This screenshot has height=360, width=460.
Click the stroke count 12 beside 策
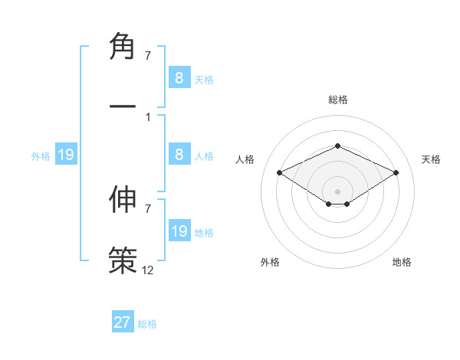(x=148, y=270)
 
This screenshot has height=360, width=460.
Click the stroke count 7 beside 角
(x=147, y=55)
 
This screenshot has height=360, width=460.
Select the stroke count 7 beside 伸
(x=147, y=208)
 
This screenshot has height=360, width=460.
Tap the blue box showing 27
(x=123, y=322)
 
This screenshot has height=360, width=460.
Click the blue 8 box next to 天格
(x=179, y=77)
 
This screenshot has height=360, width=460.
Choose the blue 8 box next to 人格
(x=179, y=155)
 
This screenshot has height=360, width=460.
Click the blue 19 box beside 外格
(x=66, y=155)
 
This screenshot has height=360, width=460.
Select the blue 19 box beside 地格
(x=179, y=231)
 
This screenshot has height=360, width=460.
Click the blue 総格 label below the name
(x=147, y=324)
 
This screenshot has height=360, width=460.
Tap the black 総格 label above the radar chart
(x=337, y=100)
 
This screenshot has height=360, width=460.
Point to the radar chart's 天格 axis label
(x=431, y=159)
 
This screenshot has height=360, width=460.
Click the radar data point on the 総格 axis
(x=337, y=146)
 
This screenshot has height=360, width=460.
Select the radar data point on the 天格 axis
(x=396, y=173)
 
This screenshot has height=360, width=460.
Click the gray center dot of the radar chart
(x=337, y=191)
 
